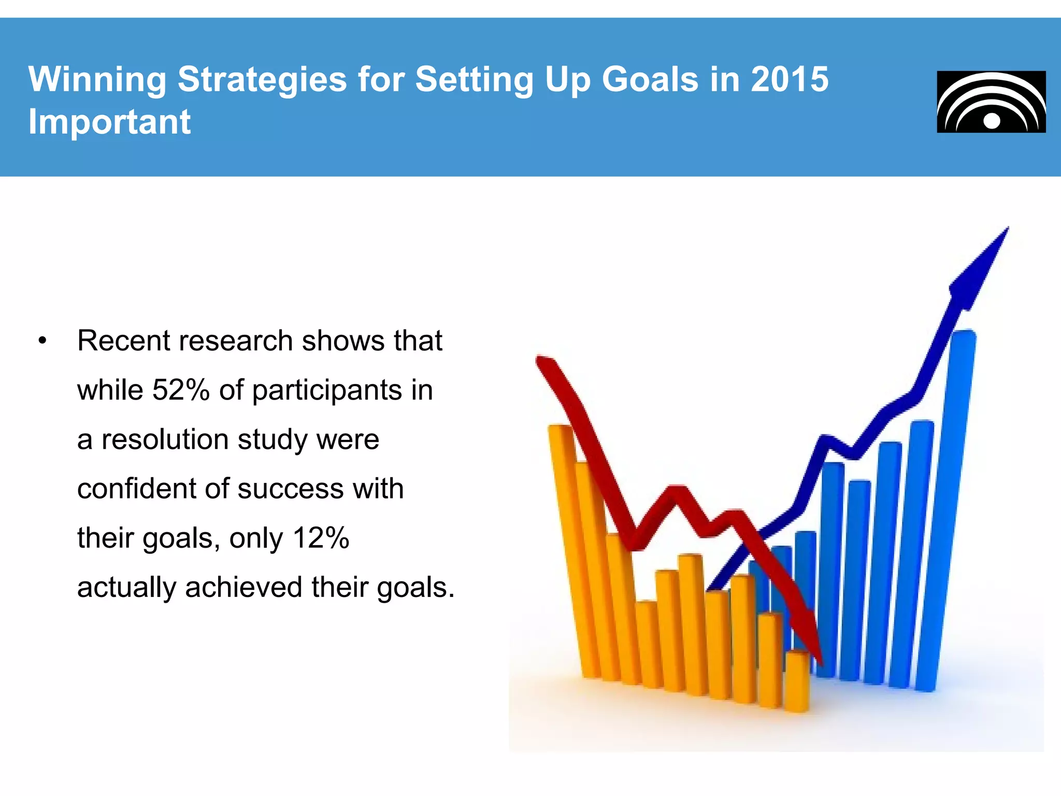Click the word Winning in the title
97,79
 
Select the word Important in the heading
109,122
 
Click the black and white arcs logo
991,102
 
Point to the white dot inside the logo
992,121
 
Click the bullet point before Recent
42,341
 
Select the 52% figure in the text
180,390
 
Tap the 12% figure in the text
320,538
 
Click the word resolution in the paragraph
165,439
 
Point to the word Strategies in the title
262,79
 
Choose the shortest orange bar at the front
797,681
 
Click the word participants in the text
327,390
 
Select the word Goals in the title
650,79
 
